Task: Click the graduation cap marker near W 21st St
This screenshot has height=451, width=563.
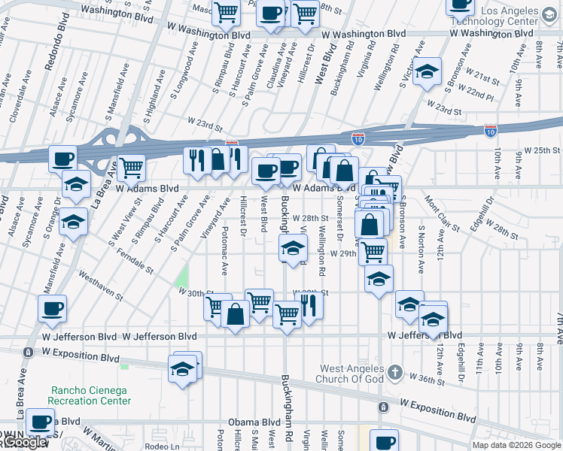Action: point(427,71)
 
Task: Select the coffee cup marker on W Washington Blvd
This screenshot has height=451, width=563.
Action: point(271,13)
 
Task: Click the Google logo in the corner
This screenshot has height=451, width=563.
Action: point(24,443)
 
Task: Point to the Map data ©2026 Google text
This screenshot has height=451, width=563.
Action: point(516,445)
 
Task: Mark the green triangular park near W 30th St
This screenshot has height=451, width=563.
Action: point(181,280)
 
